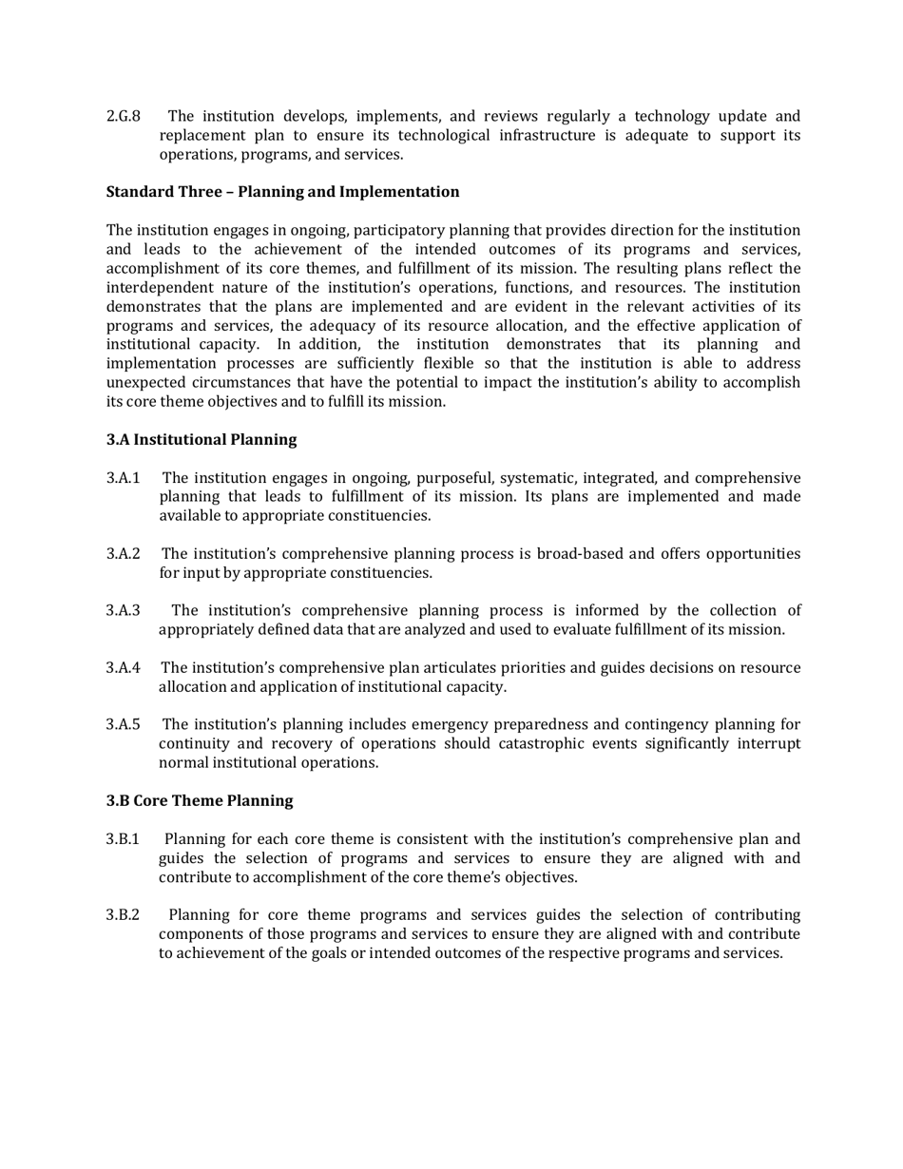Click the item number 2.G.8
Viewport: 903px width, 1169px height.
tap(124, 117)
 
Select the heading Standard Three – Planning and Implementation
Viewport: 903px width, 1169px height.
tap(282, 192)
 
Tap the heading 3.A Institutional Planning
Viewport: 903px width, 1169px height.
tap(202, 440)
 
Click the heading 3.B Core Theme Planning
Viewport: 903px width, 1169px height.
tap(200, 801)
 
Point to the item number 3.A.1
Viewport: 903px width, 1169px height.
tap(124, 478)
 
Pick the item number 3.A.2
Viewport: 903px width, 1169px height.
tap(124, 554)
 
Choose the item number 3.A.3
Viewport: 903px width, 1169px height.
tap(124, 611)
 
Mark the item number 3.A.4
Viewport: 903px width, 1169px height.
tap(124, 668)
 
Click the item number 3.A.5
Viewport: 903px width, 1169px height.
tap(124, 725)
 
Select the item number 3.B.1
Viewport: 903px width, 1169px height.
tap(124, 839)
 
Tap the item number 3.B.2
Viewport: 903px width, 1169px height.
tap(124, 915)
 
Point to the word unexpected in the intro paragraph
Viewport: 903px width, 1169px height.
tap(144, 383)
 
